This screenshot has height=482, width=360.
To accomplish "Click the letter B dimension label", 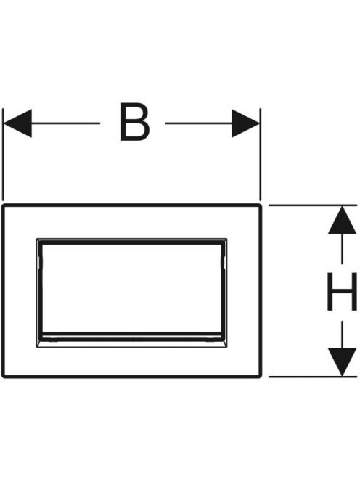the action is tap(135, 123).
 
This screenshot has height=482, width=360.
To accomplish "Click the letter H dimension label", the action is tap(342, 291).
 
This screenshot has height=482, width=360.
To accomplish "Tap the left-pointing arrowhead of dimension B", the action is tap(17, 123).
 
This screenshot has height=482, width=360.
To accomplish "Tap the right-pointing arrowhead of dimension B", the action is tap(245, 123).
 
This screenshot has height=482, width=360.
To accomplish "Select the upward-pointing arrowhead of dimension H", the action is tap(342, 220).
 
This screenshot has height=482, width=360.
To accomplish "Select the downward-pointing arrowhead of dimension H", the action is tap(342, 362).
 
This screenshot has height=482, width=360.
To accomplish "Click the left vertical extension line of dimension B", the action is tap(3, 155).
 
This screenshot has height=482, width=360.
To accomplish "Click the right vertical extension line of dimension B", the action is tap(261, 155).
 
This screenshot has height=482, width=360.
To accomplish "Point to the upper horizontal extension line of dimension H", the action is tap(313, 205).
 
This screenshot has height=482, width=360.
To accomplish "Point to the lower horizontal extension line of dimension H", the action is tap(313, 377).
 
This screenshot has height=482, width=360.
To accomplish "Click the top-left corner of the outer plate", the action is tap(2, 205).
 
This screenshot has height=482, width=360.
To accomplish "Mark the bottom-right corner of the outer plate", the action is tap(261, 377).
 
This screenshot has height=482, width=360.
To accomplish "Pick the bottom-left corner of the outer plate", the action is tap(2, 377).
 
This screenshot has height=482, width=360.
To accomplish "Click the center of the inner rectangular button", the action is tap(132, 293).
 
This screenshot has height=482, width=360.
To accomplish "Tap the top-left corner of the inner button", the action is tap(37, 239).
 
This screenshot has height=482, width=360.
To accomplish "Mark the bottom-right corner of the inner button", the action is tap(227, 348).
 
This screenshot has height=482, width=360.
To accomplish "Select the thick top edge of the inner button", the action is tap(132, 242).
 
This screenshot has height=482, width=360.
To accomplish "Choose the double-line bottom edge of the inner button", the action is tap(132, 337).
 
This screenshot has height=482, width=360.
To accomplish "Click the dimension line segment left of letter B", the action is tap(66, 123).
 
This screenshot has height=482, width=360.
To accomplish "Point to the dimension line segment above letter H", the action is tap(342, 249).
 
